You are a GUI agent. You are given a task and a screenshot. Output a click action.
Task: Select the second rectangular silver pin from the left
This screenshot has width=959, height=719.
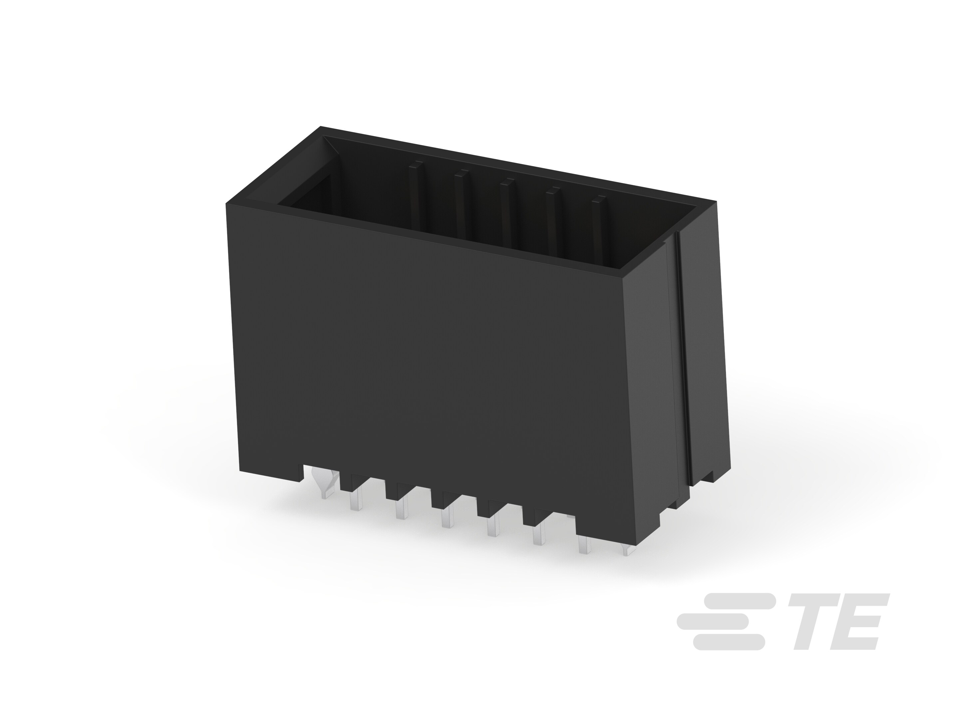click(x=402, y=508)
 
